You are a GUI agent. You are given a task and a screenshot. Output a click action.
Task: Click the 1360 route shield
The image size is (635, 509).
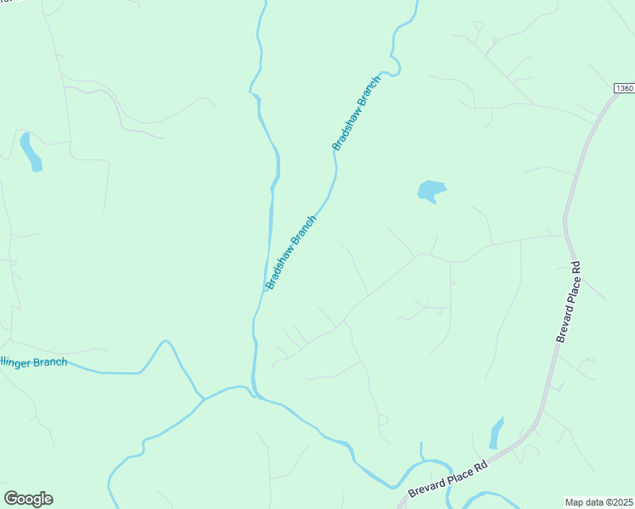[624, 88]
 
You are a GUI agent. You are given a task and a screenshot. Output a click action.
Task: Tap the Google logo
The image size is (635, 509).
[28, 499]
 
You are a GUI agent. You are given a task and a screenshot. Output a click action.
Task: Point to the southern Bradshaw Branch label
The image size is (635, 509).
[291, 253]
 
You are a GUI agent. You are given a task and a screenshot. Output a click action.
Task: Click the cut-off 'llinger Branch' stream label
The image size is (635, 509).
[33, 362]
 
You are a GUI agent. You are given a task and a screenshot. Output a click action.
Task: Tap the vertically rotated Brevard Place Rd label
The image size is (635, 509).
[569, 301]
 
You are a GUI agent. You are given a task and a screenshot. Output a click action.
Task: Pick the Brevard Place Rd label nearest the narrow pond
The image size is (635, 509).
[447, 479]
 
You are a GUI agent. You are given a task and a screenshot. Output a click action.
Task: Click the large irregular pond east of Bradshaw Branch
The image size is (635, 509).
[430, 191]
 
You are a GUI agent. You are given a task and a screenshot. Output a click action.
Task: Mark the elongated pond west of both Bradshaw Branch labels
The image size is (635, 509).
[31, 152]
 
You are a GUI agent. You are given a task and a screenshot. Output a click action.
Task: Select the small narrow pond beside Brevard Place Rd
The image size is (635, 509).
[495, 433]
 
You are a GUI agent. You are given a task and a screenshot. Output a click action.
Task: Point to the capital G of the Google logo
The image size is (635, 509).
[11, 499]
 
